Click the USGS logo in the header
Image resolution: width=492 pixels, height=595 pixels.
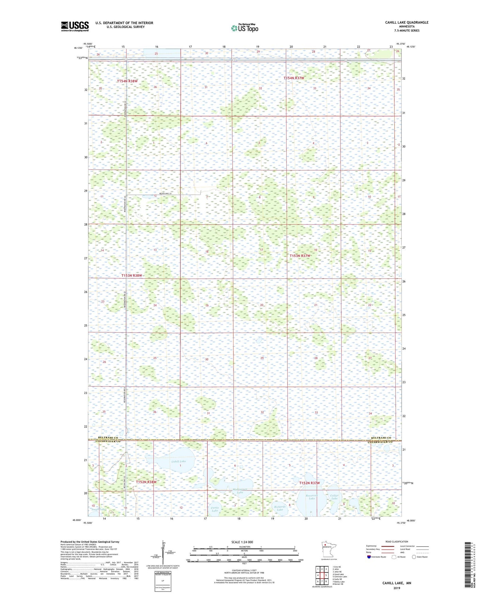75,26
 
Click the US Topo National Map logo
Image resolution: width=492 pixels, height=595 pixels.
244,28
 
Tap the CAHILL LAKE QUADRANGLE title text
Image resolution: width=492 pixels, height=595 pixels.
407,22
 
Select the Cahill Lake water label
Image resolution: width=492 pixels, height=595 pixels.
178,461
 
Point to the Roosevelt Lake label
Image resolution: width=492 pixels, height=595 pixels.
312,497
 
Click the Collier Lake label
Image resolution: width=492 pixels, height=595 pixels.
334,497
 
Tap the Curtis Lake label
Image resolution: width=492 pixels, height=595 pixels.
215,509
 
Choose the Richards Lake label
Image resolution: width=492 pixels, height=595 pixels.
280,508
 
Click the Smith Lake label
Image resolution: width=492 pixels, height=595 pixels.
99,509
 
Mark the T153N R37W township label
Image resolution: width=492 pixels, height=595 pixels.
300,256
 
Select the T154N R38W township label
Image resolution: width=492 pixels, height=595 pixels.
127,81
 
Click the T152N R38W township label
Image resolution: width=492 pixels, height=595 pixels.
146,482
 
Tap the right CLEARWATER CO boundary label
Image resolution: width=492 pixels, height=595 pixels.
380,442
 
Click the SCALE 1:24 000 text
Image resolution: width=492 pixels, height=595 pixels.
242,542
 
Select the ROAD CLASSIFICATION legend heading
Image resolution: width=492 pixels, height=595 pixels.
397,541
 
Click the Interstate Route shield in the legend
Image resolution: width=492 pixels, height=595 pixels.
369,557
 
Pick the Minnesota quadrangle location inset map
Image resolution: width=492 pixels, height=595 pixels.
328,550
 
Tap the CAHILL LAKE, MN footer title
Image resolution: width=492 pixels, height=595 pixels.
397,583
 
